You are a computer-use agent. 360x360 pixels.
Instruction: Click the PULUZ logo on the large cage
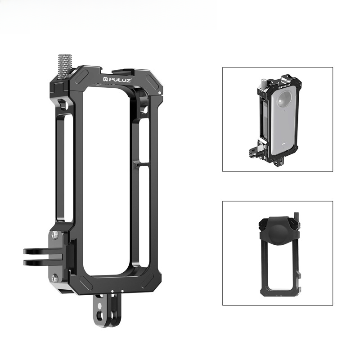(117, 80)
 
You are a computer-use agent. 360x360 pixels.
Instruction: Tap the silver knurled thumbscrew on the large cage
(65, 66)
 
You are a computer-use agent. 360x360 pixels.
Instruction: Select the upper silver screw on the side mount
(55, 235)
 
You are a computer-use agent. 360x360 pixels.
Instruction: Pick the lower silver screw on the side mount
(55, 278)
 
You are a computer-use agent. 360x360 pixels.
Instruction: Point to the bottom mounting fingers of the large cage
(107, 310)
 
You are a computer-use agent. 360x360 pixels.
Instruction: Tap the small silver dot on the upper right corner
(160, 93)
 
